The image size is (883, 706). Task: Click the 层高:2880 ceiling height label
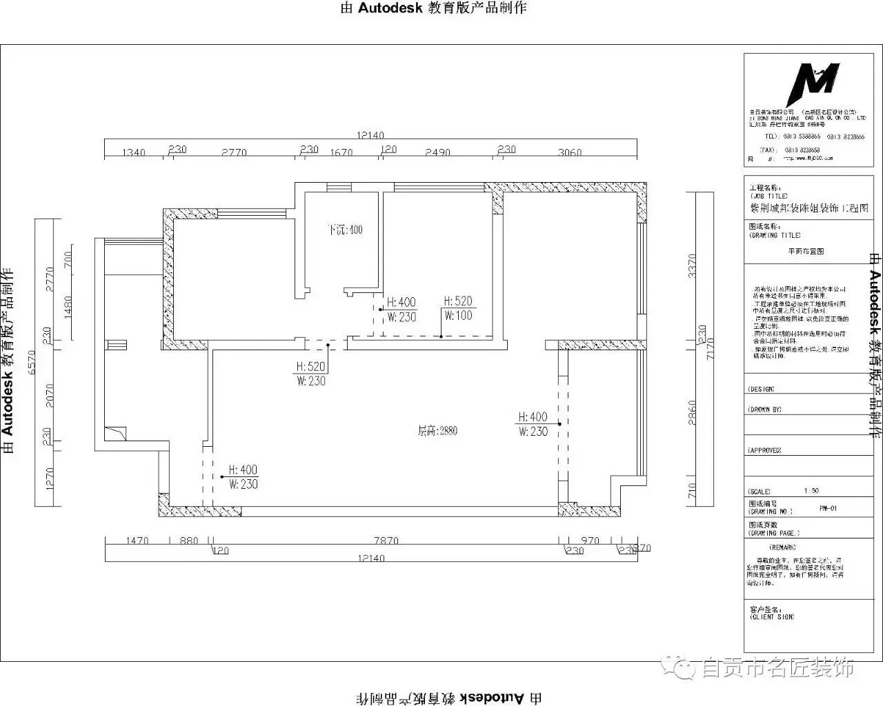(437, 432)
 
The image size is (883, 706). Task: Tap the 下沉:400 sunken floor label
(345, 230)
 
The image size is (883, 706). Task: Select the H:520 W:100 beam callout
(458, 308)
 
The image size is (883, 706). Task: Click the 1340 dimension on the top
(134, 152)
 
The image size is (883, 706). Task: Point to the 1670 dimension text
(341, 152)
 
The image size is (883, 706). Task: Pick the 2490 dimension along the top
(437, 152)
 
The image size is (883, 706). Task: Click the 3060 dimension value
(570, 152)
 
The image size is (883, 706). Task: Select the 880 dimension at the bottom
(188, 541)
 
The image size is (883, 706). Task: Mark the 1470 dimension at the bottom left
(137, 541)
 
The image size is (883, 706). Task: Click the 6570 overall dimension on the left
(31, 362)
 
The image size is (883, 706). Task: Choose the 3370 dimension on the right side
(693, 265)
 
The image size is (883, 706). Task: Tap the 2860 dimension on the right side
(693, 413)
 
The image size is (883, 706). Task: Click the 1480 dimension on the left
(68, 306)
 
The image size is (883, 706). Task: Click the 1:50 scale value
(811, 492)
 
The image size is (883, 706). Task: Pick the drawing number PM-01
(828, 509)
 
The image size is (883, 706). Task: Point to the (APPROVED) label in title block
(764, 450)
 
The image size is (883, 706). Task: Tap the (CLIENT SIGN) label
(771, 616)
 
